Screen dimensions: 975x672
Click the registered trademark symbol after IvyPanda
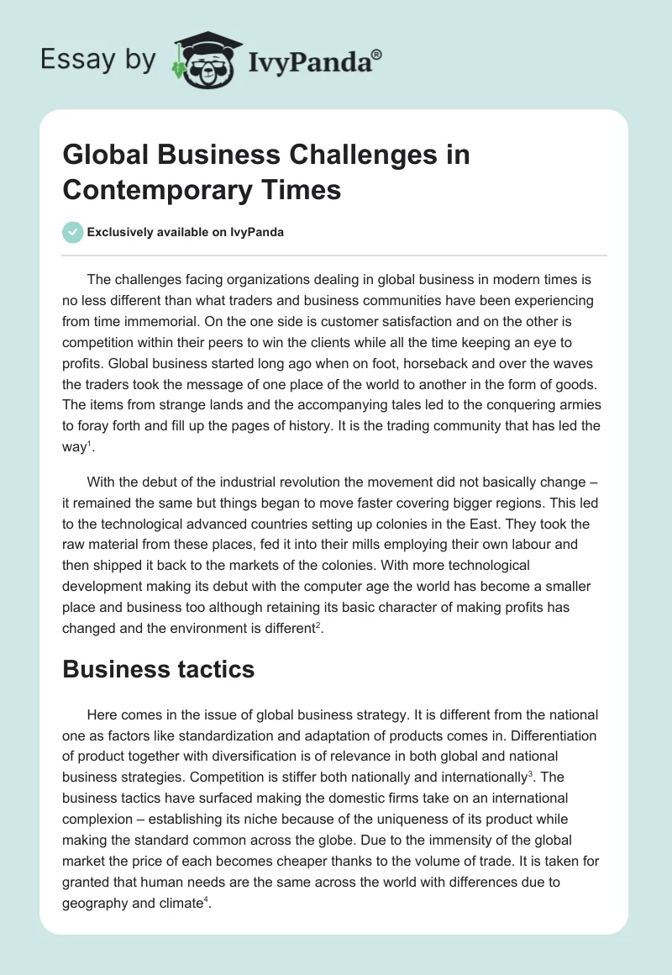point(377,53)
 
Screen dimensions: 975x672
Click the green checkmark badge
point(73,232)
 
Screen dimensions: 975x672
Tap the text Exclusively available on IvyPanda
point(186,232)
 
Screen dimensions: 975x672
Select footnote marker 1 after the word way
point(87,443)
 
